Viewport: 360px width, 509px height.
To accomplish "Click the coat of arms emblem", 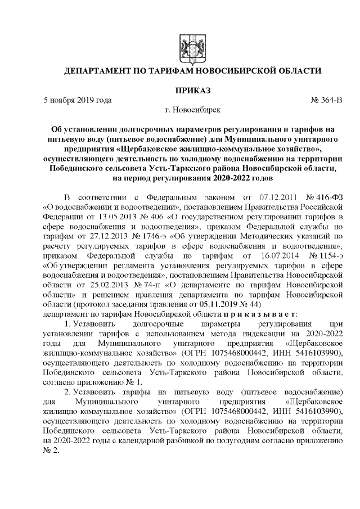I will [x=185, y=46].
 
